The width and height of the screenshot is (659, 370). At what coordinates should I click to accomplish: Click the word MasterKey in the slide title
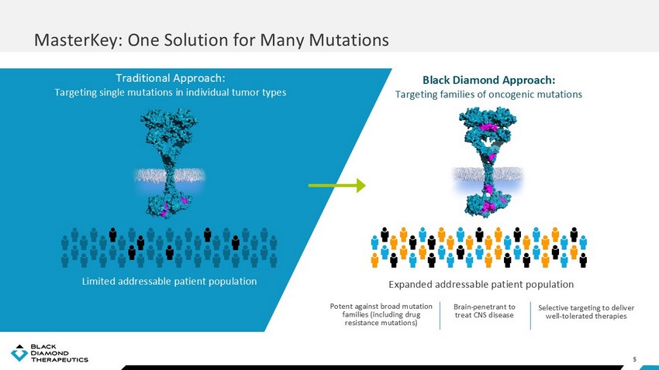[78, 40]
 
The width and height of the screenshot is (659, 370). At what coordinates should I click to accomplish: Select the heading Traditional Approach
[171, 78]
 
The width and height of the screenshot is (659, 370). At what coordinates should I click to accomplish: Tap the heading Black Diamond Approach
[488, 81]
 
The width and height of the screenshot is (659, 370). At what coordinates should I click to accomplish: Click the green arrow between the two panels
[337, 186]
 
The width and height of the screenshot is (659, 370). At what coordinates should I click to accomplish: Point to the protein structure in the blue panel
[169, 163]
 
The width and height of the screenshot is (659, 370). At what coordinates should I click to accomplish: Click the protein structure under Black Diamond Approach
[488, 162]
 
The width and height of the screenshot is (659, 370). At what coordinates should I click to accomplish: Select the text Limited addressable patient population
[169, 282]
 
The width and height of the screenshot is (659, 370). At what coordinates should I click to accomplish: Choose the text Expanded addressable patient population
[481, 284]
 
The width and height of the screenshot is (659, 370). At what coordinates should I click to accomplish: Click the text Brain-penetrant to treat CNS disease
[485, 311]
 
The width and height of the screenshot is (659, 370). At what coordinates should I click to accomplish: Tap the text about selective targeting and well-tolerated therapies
[586, 312]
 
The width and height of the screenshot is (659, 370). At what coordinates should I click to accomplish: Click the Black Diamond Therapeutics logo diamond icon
[19, 353]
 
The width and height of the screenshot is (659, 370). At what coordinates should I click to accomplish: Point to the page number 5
[635, 359]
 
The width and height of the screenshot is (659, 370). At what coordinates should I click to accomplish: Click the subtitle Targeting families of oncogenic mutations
[488, 94]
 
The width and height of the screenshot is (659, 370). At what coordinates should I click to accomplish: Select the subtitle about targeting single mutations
[171, 92]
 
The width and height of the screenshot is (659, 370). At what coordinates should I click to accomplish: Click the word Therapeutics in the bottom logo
[60, 359]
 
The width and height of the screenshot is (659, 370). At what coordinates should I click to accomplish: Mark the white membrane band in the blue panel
[169, 175]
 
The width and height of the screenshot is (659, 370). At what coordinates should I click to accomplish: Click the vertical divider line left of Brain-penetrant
[440, 316]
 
